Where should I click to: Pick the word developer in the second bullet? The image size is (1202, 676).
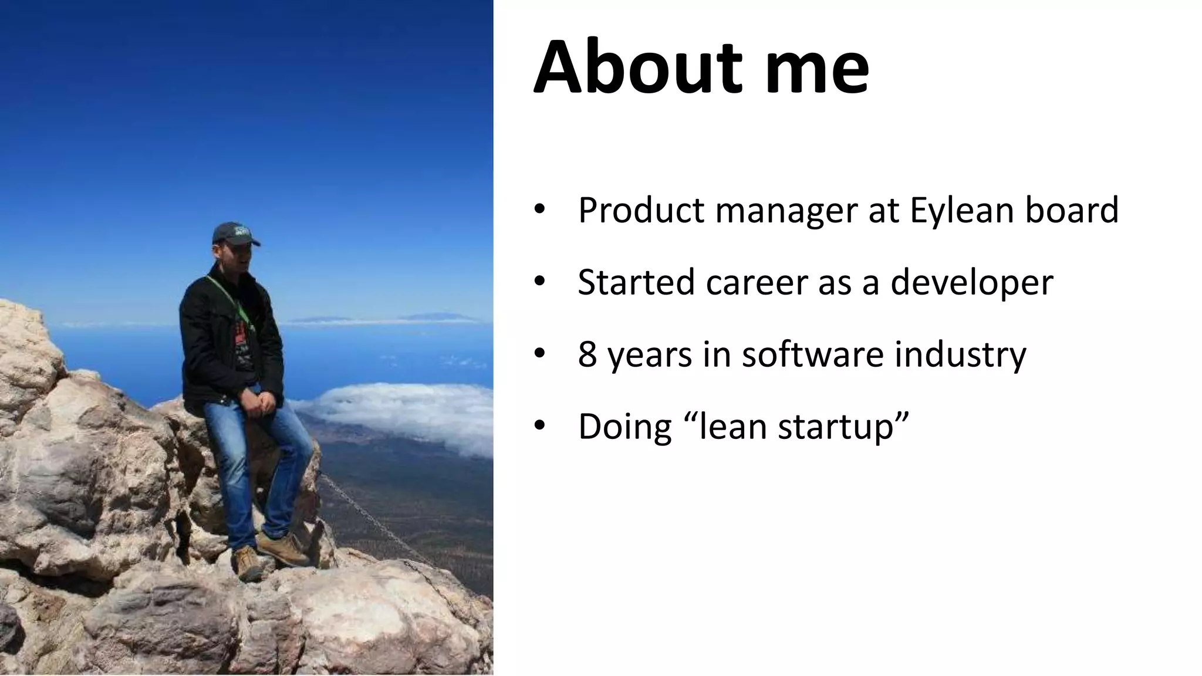(971, 283)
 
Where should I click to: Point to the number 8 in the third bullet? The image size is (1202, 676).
(587, 354)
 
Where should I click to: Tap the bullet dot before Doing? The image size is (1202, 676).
(539, 426)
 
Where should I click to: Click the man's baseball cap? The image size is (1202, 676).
(234, 234)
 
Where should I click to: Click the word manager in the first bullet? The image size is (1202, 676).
(786, 211)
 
